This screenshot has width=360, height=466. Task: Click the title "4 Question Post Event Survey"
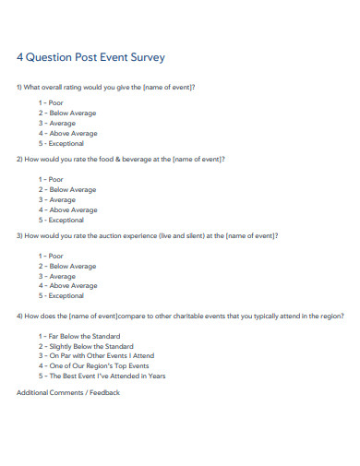tap(90, 57)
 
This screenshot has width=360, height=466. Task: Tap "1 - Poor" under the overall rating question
tap(51, 102)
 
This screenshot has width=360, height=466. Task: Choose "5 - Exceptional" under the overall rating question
tap(61, 143)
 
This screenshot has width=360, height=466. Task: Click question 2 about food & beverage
tap(121, 159)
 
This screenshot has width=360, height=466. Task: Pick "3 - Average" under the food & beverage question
tap(57, 199)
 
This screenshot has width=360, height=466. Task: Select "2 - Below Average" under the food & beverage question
tap(66, 189)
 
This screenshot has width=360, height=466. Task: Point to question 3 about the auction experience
tap(148, 235)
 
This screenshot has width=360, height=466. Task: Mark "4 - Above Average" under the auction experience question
tap(67, 286)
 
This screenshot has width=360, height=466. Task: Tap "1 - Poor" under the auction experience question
tap(51, 256)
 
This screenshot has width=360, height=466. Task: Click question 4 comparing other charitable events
tap(180, 317)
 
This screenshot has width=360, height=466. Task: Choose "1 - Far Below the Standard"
tap(79, 336)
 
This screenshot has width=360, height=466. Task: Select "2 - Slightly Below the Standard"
tap(86, 346)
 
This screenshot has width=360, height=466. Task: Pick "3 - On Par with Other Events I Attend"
tap(96, 356)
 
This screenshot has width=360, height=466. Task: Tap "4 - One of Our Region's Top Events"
tap(93, 366)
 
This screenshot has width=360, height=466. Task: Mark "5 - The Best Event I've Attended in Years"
tap(102, 376)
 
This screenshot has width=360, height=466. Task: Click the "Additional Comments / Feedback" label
tap(68, 392)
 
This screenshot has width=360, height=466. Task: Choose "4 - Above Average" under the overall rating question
tap(67, 133)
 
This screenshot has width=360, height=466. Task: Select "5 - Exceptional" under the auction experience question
tap(61, 296)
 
